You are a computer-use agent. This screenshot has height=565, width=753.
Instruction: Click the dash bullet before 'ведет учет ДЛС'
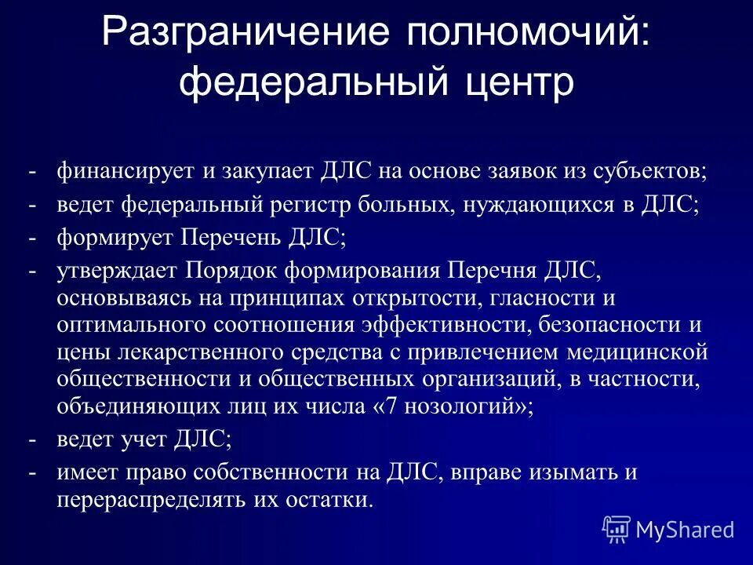(33, 439)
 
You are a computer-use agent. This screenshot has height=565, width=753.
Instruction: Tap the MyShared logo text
(685, 530)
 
